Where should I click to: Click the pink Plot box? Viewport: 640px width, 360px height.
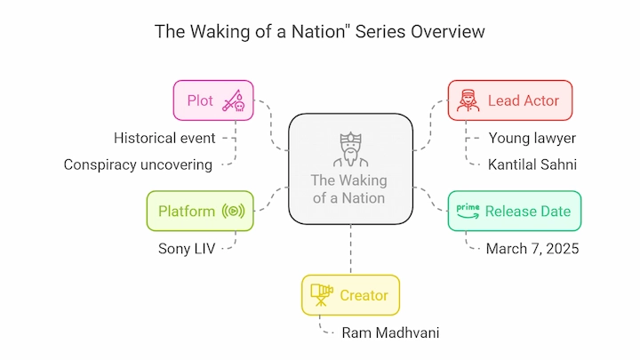pos(213,100)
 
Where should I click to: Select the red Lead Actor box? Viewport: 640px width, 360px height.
pos(510,100)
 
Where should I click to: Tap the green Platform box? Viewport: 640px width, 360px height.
pos(200,211)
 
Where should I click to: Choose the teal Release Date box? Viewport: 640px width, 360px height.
pos(515,211)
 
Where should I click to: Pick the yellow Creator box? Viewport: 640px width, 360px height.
pos(350,295)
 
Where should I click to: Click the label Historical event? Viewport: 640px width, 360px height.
pos(164,138)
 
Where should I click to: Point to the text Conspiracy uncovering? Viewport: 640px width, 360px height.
pos(138,165)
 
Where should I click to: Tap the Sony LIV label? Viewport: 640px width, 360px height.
pos(187,249)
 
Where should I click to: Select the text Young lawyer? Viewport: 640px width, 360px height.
pos(532,139)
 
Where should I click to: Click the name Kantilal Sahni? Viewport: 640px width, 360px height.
pos(532,164)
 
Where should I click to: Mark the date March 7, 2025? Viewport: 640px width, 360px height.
pos(532,249)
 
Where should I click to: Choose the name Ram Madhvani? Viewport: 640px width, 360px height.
pos(390,332)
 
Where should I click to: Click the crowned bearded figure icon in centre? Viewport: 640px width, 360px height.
pos(350,149)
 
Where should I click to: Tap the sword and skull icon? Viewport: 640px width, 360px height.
pos(234,100)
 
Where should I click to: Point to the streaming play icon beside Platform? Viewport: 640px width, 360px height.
pos(234,211)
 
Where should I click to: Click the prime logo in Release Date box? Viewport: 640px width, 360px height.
pos(468,211)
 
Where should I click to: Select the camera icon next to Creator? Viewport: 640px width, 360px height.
pos(322,295)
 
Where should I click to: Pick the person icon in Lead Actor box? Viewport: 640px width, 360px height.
pos(468,100)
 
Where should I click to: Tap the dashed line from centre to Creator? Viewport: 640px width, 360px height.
pos(350,250)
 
